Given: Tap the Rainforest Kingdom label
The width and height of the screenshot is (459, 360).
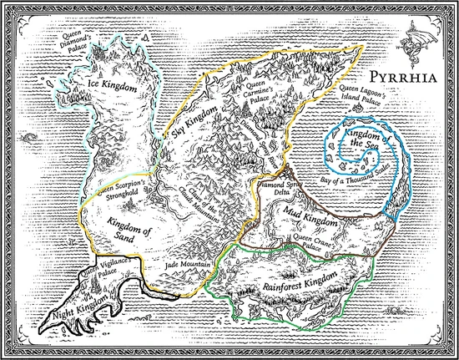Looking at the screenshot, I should tap(296, 280).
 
